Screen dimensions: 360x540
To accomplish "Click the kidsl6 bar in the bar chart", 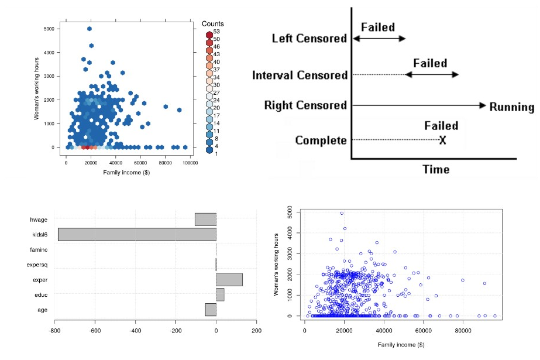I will coord(137,235).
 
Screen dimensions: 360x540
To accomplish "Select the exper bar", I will coord(229,280).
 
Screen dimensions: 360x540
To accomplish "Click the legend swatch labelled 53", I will coord(209,31).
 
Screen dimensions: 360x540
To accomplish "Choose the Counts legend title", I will coord(212,23).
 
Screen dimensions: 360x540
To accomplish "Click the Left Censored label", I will coord(309,39).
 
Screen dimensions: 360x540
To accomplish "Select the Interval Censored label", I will coord(300,76).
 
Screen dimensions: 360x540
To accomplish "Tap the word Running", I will coord(512,107).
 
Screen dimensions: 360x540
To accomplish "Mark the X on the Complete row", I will coord(443,140).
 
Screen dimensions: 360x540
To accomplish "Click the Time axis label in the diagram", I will coord(436,169).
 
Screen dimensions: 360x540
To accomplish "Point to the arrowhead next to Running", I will coord(483,105).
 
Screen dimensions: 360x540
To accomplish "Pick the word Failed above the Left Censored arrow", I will coord(378,27).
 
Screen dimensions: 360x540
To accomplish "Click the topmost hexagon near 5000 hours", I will coord(90,29).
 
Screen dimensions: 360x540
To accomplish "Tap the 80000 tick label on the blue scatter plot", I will coord(463,330).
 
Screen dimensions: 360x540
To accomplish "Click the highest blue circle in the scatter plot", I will coord(342,213).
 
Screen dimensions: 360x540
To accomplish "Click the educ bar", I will coord(220,294).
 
